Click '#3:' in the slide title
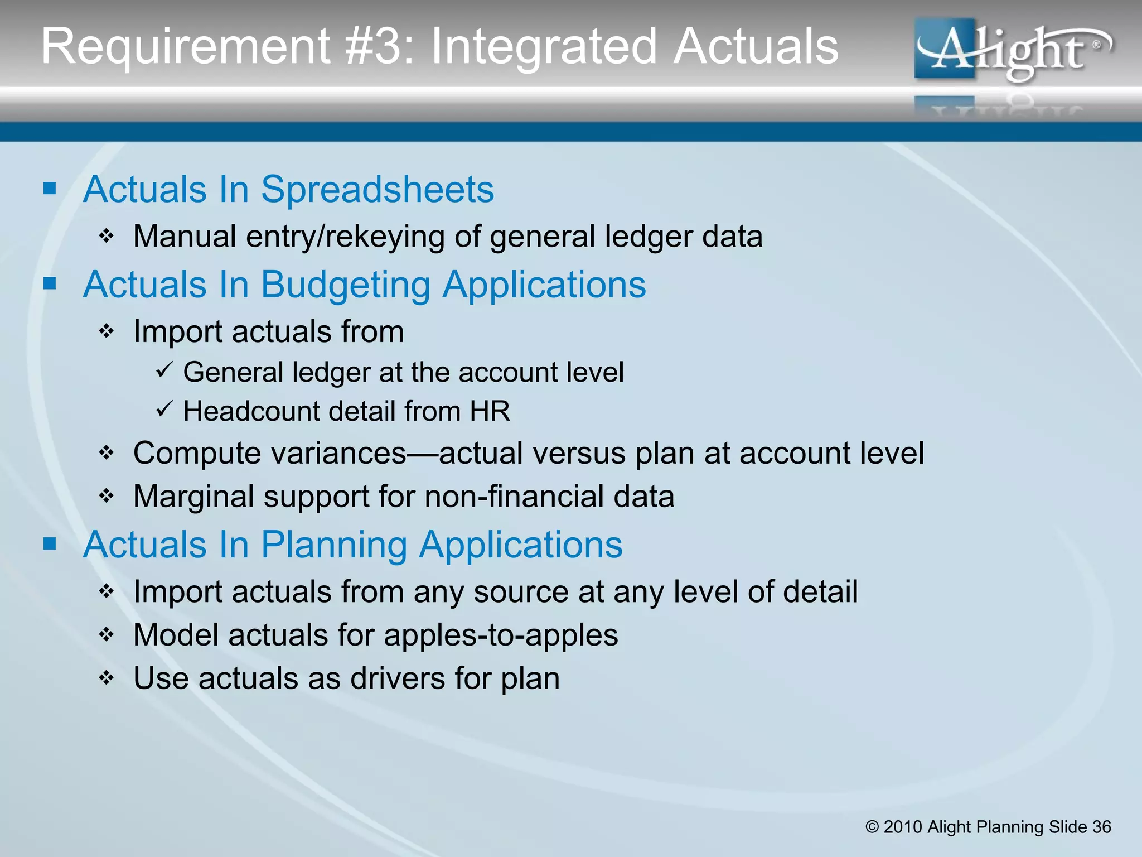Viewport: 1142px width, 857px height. click(x=379, y=47)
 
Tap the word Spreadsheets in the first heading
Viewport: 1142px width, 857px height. click(x=377, y=190)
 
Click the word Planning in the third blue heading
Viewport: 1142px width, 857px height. click(x=334, y=545)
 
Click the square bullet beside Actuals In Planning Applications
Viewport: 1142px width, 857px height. click(x=50, y=543)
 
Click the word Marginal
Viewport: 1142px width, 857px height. click(x=193, y=497)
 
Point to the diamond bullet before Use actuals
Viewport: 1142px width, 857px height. click(x=107, y=678)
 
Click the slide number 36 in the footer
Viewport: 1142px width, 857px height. click(x=1101, y=827)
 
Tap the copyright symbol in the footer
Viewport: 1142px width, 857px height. click(x=872, y=827)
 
